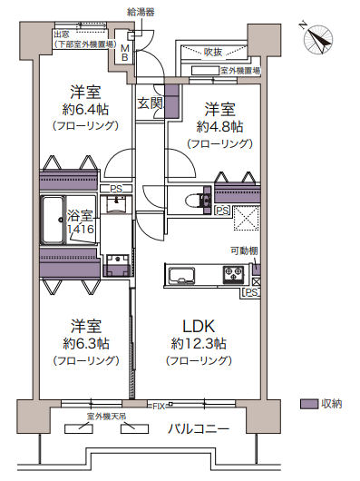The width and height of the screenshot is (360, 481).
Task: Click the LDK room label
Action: tap(199, 327)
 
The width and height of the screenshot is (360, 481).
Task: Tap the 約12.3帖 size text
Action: tap(199, 344)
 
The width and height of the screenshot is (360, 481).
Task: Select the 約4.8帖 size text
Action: tap(219, 127)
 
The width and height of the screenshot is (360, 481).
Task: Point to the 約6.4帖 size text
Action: tap(85, 109)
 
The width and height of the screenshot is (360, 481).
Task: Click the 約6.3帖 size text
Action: tap(86, 344)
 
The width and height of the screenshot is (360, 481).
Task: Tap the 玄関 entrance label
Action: tap(150, 103)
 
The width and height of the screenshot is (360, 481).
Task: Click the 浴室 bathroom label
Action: tap(80, 216)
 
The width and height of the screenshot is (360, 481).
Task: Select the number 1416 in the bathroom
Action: tap(81, 229)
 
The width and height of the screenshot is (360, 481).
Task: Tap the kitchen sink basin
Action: tap(182, 276)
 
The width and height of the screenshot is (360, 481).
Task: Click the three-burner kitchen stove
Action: tap(233, 274)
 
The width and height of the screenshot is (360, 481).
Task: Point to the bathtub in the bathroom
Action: tap(53, 220)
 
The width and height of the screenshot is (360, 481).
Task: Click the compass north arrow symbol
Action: tap(317, 39)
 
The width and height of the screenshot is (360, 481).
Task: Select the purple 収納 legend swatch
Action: tap(309, 404)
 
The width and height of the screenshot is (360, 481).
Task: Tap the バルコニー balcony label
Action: tap(199, 428)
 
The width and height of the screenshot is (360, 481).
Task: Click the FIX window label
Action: tap(159, 407)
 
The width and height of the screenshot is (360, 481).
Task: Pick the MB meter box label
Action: tap(125, 53)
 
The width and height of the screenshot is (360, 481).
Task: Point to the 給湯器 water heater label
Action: tap(141, 13)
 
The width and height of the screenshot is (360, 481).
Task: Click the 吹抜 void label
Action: tap(213, 52)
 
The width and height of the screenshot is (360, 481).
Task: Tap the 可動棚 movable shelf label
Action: tap(244, 250)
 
